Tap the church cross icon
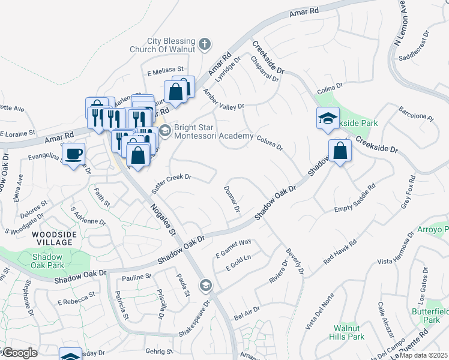point(205,44)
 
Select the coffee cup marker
point(74,154)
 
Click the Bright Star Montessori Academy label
point(213,131)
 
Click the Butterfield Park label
point(427,316)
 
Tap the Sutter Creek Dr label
point(171,181)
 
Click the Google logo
point(20,353)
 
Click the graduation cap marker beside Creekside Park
point(328,118)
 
